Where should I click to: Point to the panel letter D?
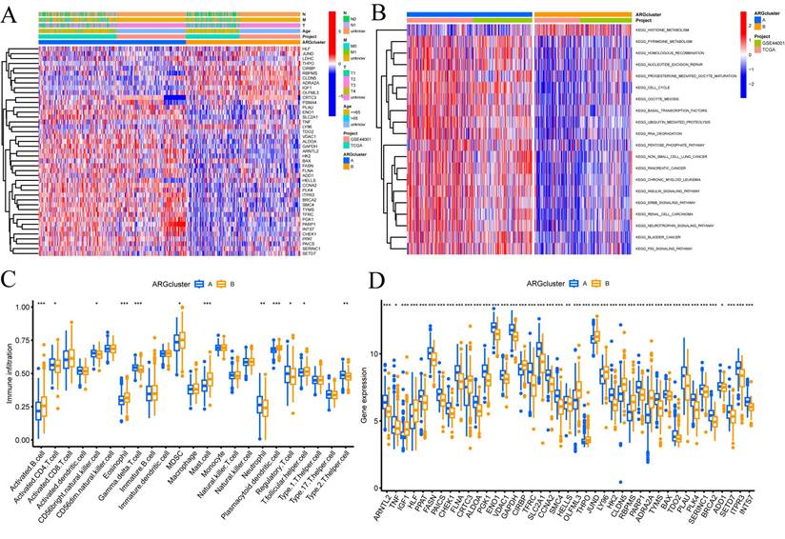point(377,283)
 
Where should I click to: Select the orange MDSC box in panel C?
point(181,339)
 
